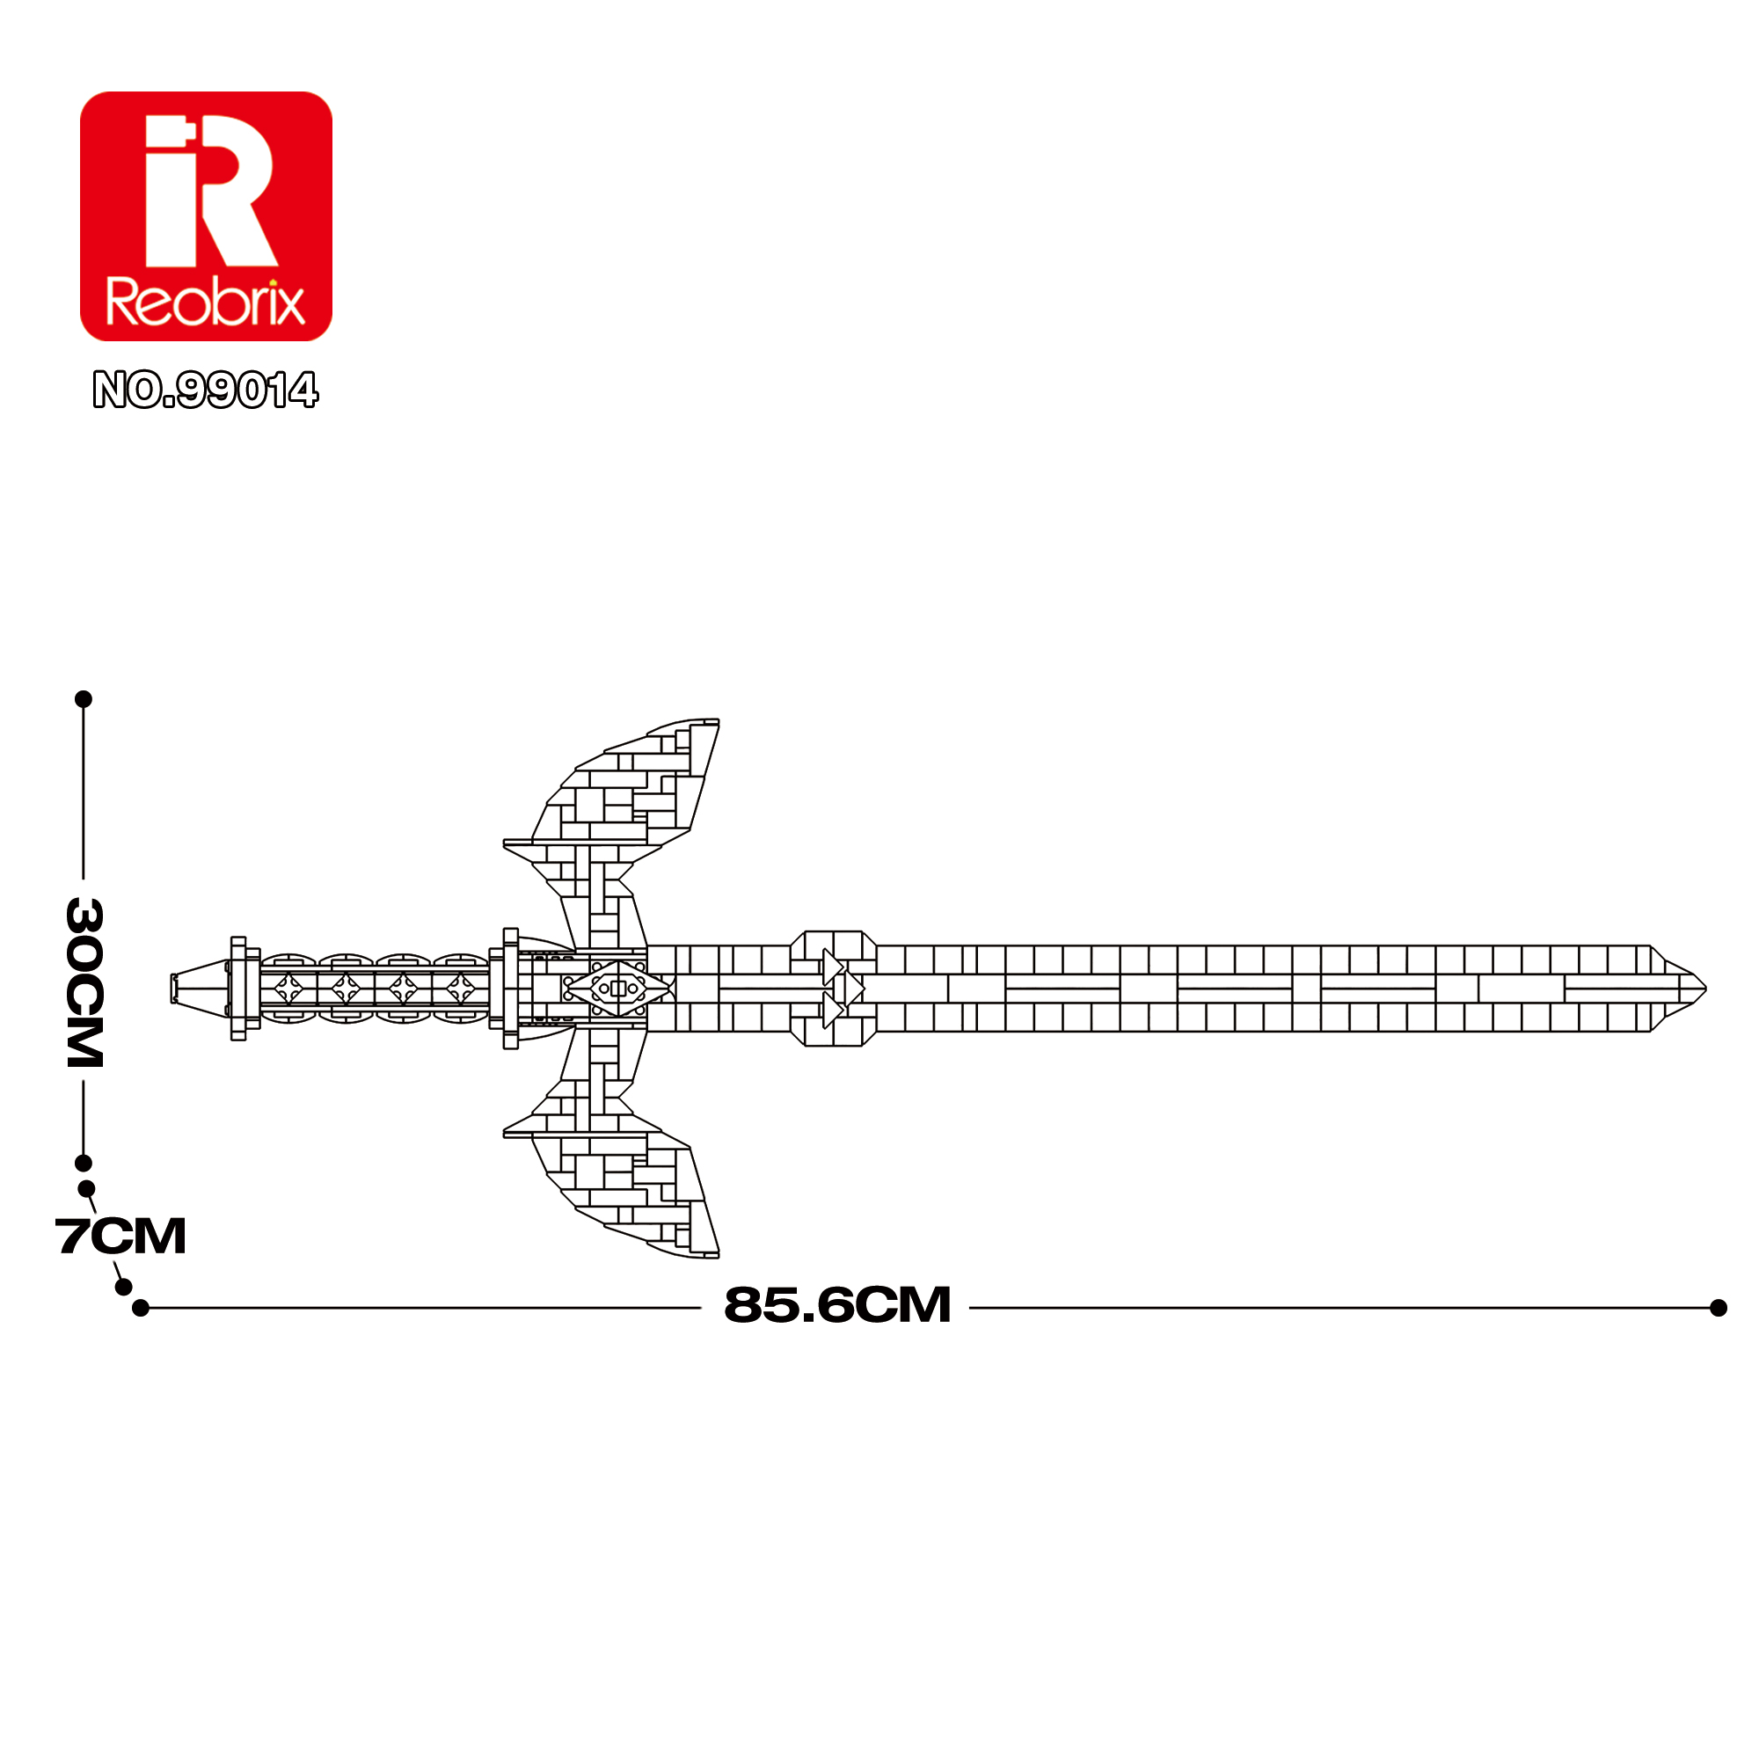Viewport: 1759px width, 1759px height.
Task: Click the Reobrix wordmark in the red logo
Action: (206, 303)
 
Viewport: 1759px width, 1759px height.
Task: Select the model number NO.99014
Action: (206, 390)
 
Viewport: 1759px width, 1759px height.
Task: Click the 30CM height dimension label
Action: (84, 982)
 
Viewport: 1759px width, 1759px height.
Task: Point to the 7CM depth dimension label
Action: (121, 1237)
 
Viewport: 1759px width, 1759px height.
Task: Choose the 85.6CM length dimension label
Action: (836, 1304)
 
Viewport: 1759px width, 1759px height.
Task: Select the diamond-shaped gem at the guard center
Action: (618, 989)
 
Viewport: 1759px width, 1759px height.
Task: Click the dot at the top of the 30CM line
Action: (84, 699)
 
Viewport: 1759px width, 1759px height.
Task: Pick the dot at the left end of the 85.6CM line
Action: (140, 1309)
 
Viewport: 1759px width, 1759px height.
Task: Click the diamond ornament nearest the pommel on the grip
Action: (288, 989)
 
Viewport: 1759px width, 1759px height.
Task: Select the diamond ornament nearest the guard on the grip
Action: (460, 989)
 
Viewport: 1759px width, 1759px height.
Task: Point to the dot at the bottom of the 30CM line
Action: (84, 1164)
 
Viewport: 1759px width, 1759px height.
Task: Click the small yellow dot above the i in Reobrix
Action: (271, 282)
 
